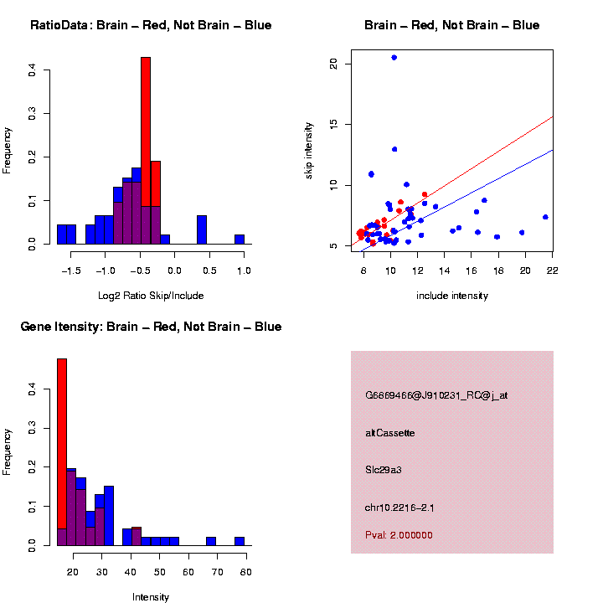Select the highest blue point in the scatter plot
[x=394, y=58]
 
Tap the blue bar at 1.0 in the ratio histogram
[x=240, y=240]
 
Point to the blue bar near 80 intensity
[x=240, y=541]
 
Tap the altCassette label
[x=389, y=433]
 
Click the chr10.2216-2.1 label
[x=399, y=508]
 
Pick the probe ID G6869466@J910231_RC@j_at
[x=436, y=395]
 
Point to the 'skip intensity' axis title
[x=309, y=150]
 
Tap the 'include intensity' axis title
[x=452, y=296]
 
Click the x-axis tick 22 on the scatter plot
[x=553, y=271]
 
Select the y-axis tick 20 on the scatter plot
[x=334, y=64]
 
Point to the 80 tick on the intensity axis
[x=246, y=572]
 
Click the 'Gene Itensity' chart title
[x=151, y=327]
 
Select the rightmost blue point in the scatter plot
[x=545, y=217]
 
